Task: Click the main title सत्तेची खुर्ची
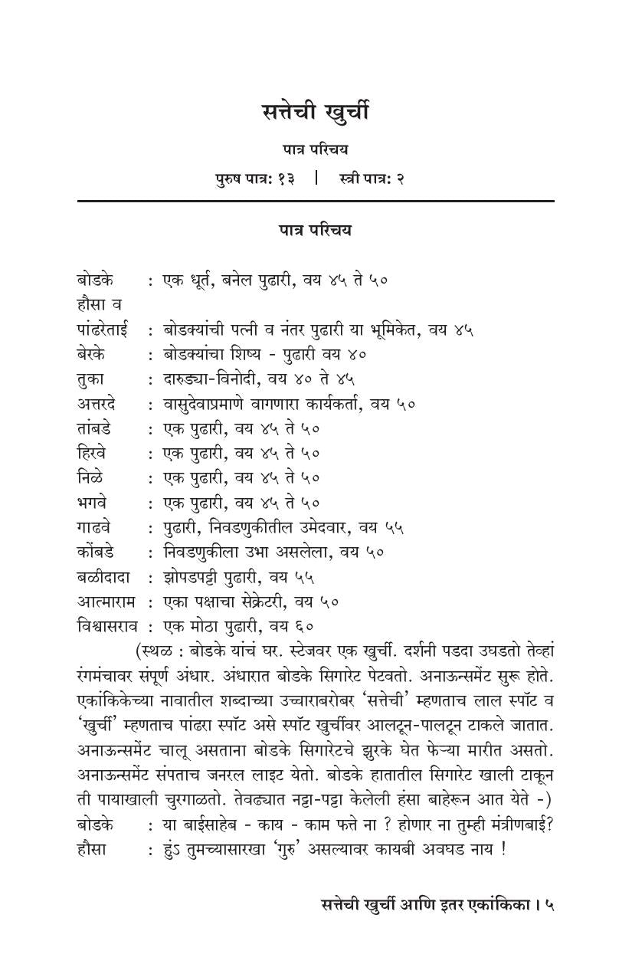[315, 113]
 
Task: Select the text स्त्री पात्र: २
[372, 179]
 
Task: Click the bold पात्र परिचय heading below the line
[315, 230]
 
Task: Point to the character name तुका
[91, 379]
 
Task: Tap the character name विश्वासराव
[109, 627]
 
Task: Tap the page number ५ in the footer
[549, 905]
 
